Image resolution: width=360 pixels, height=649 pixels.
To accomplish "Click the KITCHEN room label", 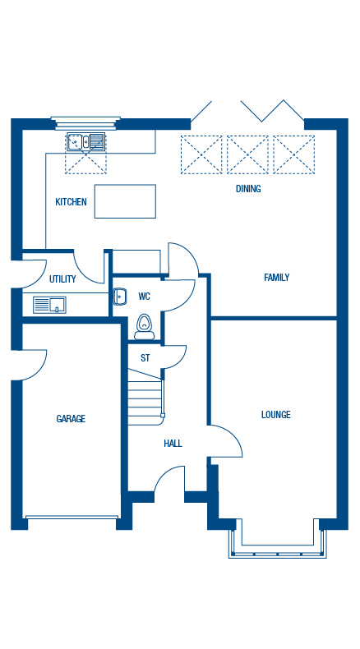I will (x=71, y=202).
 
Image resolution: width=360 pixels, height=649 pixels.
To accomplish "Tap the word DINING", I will (x=248, y=189).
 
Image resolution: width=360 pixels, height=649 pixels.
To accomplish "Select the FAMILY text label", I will (x=276, y=278).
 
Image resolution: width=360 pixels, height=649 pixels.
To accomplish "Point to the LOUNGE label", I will (x=275, y=415).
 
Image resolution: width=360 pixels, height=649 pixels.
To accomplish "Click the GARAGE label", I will (x=71, y=419).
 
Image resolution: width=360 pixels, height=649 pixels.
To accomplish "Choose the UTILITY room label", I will (x=62, y=279).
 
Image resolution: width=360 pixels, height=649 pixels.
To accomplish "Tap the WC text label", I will (x=144, y=297).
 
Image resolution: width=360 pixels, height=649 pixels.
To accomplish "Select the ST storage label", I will (x=145, y=358).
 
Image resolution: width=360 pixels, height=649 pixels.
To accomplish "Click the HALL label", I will (x=173, y=444).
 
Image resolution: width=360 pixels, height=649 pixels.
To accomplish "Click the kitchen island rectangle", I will (x=125, y=201).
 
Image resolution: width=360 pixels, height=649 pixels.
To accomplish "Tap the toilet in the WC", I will (x=145, y=327).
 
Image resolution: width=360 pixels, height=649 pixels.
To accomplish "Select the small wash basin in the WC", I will (x=119, y=297).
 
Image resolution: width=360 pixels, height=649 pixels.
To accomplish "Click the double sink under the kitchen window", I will (x=86, y=143).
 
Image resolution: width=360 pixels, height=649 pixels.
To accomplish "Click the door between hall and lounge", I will (x=224, y=444).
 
